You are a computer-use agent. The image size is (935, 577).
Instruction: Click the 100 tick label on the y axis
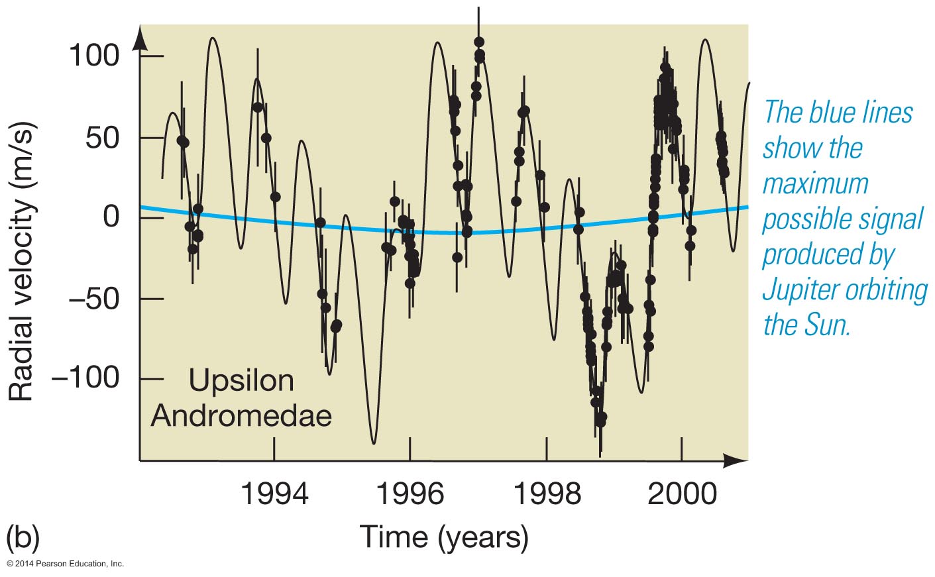click(x=94, y=56)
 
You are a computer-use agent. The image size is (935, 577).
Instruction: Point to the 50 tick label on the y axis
click(x=103, y=138)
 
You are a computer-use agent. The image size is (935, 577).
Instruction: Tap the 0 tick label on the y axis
click(x=111, y=217)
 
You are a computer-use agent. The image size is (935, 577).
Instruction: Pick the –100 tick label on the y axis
click(x=85, y=378)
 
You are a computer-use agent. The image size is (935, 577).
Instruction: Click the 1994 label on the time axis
click(x=274, y=494)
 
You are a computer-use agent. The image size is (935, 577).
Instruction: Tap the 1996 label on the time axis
click(x=410, y=494)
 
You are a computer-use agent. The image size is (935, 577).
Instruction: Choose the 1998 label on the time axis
click(x=547, y=494)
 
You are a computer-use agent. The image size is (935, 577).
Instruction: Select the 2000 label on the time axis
click(x=682, y=494)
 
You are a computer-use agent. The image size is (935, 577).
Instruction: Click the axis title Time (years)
click(x=444, y=536)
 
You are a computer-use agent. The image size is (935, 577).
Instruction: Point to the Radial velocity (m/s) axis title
click(x=21, y=262)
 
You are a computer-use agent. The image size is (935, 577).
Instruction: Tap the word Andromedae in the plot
click(x=241, y=416)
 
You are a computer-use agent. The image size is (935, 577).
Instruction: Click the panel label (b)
click(x=23, y=537)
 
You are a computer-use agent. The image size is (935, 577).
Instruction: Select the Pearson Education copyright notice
click(x=65, y=564)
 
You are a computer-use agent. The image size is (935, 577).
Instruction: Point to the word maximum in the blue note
click(x=815, y=184)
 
